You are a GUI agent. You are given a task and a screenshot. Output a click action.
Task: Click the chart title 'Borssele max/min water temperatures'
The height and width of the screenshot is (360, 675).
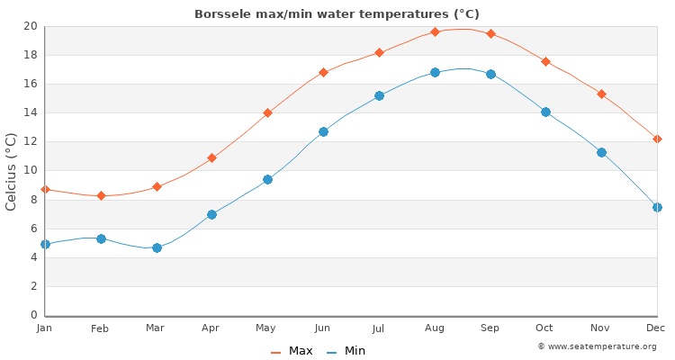(337, 14)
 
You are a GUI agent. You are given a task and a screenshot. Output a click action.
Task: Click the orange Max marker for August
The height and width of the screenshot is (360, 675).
(435, 31)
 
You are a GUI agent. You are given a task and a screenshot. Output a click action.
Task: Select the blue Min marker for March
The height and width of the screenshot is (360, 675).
(157, 247)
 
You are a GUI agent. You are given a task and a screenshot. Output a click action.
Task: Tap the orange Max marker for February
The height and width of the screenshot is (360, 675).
(101, 195)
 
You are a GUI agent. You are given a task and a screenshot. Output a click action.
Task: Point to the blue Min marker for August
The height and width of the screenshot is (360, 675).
(435, 72)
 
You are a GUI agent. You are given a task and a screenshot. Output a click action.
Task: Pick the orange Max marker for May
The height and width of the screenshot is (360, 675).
(267, 112)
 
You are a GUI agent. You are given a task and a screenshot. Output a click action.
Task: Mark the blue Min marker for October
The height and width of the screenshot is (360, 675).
(545, 112)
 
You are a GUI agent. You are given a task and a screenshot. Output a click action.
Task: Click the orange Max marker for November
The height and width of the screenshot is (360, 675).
(601, 94)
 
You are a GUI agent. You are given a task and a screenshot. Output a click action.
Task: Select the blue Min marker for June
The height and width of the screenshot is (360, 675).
(323, 131)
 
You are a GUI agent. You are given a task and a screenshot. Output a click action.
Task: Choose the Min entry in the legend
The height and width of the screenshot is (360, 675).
(346, 351)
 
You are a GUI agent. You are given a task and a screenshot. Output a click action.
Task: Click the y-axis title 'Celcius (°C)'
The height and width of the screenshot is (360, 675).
(12, 171)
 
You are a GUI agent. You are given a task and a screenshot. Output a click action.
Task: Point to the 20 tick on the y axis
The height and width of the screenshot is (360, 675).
(30, 26)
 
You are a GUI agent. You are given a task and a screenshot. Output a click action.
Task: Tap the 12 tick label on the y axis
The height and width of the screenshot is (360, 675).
(30, 141)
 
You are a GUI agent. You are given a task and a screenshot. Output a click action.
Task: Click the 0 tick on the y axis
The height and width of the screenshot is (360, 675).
(33, 315)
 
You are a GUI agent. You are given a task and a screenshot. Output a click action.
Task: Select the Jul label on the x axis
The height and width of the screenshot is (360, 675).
(378, 328)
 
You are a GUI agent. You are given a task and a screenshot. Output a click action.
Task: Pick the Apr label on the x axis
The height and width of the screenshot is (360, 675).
(211, 328)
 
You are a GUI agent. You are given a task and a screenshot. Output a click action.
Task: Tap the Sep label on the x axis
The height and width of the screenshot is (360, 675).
(490, 328)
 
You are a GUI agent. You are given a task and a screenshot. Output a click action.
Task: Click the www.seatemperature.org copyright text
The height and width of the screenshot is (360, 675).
(597, 346)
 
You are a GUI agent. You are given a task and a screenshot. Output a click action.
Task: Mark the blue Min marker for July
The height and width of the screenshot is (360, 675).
(379, 95)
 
